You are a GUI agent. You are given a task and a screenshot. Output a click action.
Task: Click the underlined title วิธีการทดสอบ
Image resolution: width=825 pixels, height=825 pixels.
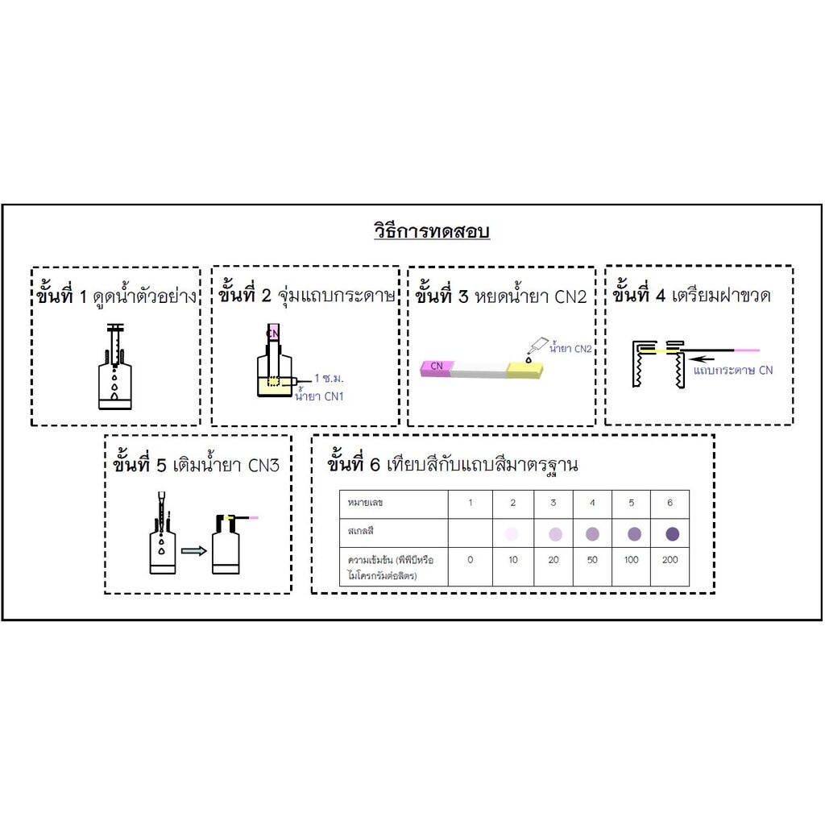pyautogui.click(x=432, y=232)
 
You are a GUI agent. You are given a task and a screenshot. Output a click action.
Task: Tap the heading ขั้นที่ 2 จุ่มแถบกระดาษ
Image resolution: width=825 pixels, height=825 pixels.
pyautogui.click(x=305, y=295)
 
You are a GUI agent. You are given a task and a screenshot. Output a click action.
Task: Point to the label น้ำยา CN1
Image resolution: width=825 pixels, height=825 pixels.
pyautogui.click(x=319, y=396)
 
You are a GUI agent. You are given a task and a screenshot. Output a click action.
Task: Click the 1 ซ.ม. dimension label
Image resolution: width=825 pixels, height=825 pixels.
pyautogui.click(x=330, y=378)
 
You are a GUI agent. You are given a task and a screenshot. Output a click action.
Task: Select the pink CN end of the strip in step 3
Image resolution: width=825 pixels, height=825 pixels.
pyautogui.click(x=437, y=367)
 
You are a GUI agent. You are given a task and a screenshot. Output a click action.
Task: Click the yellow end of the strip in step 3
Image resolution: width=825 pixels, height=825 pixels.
pyautogui.click(x=525, y=370)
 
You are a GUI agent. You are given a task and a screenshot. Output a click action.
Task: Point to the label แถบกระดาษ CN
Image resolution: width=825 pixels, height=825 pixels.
pyautogui.click(x=733, y=371)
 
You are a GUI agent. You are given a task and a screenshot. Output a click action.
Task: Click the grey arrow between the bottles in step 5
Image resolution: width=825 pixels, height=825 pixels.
pyautogui.click(x=193, y=552)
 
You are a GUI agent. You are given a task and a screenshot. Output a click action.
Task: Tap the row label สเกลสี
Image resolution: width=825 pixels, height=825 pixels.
pyautogui.click(x=361, y=533)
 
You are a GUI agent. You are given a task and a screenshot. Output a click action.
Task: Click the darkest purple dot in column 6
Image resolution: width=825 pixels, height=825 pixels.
pyautogui.click(x=672, y=533)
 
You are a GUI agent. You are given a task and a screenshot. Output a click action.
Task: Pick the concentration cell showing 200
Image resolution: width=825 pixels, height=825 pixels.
pyautogui.click(x=670, y=560)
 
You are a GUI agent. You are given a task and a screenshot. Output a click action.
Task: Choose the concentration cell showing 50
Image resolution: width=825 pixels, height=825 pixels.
pyautogui.click(x=592, y=560)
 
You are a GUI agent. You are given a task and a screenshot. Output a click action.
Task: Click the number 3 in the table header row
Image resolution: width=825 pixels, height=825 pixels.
pyautogui.click(x=553, y=504)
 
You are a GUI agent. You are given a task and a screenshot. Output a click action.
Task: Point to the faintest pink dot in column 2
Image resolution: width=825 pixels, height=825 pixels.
pyautogui.click(x=512, y=533)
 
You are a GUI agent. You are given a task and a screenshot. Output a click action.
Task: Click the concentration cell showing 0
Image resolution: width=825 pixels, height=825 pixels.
pyautogui.click(x=471, y=560)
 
